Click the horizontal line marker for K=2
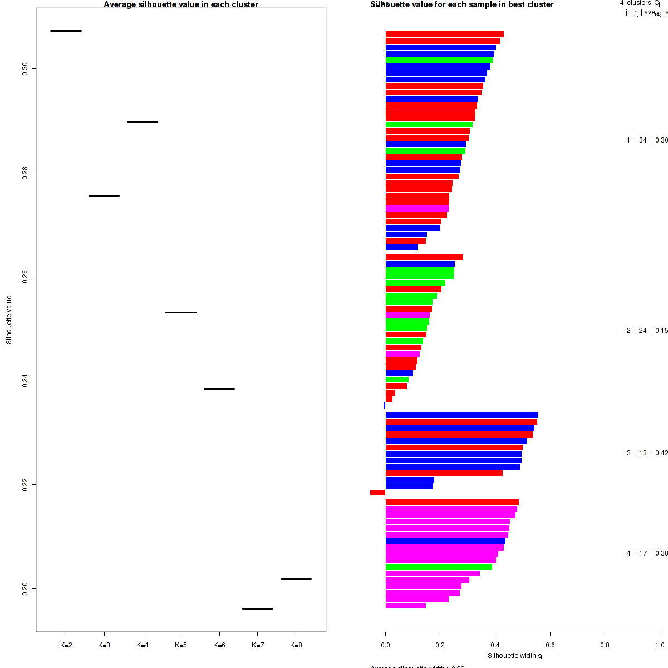coord(66,31)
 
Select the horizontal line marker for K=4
coord(143,122)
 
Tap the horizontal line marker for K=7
coord(258,608)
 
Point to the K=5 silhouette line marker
coord(181,312)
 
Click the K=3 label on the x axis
coord(104,645)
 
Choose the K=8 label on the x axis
coord(296,645)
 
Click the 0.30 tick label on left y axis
coord(24,69)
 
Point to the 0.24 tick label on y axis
coord(24,381)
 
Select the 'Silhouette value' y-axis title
coord(9,320)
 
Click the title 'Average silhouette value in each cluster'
coord(181,4)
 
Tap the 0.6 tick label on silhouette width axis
coord(550,645)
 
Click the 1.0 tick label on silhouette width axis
coord(659,645)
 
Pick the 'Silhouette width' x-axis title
coord(514,656)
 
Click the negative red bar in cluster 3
coord(377,493)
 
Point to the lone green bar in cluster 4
coord(439,567)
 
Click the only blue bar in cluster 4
coord(445,541)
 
